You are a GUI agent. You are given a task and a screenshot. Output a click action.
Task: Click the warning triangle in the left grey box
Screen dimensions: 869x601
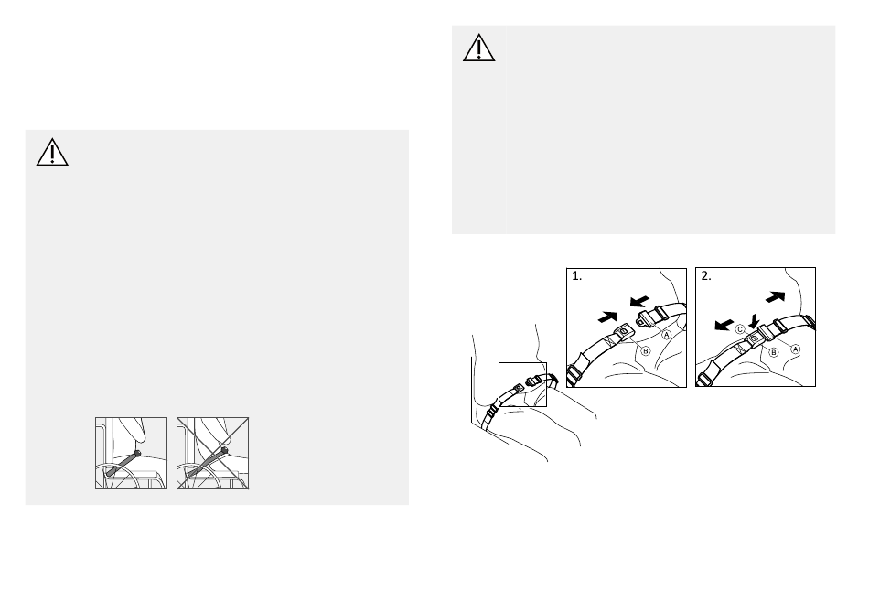(x=52, y=153)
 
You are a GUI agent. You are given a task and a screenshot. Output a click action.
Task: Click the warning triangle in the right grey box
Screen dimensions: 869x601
(x=478, y=48)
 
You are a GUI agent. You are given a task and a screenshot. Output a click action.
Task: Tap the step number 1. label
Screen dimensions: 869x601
(x=577, y=276)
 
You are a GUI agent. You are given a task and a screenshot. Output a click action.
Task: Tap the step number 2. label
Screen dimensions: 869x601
(x=706, y=275)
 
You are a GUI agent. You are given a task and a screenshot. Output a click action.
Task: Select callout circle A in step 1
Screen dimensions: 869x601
(x=667, y=335)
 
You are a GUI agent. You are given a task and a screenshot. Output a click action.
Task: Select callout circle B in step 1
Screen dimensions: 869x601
(x=645, y=351)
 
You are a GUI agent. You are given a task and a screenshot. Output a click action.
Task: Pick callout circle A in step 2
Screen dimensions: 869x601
(x=795, y=349)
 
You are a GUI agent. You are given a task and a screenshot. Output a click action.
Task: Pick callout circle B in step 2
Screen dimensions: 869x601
(x=774, y=352)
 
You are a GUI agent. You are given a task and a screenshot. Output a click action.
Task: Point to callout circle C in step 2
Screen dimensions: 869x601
(x=740, y=329)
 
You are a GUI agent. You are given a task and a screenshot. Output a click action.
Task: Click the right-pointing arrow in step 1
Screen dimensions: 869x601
(x=608, y=317)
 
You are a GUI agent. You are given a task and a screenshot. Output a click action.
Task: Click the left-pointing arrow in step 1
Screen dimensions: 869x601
(x=639, y=302)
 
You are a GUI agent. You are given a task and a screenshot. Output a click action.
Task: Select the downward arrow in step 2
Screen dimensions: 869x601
(x=753, y=321)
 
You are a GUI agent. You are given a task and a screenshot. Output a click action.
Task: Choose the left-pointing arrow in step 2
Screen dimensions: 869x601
(x=724, y=325)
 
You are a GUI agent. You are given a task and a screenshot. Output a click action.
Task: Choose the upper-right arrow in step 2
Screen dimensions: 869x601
(x=776, y=297)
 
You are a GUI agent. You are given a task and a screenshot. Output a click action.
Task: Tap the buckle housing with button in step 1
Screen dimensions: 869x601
(x=623, y=331)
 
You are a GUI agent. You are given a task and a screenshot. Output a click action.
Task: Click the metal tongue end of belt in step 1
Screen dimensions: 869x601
(x=643, y=318)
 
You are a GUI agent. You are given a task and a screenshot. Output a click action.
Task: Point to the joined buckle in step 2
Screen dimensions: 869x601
(x=758, y=336)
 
